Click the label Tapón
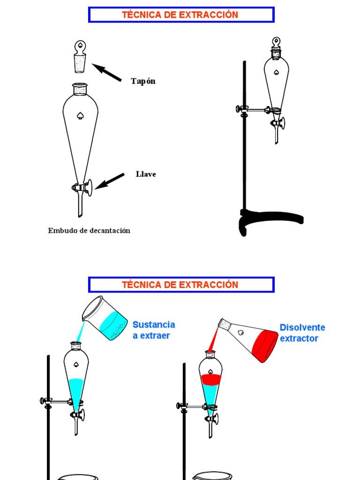[x=143, y=81]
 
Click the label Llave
[x=146, y=174]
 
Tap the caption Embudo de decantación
[x=89, y=231]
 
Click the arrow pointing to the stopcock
[x=110, y=181]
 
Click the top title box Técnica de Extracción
[x=181, y=15]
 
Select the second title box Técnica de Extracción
[x=181, y=285]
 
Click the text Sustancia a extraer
[x=154, y=330]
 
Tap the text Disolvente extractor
[x=302, y=333]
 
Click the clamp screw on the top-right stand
[x=240, y=109]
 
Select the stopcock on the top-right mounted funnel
[x=278, y=123]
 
